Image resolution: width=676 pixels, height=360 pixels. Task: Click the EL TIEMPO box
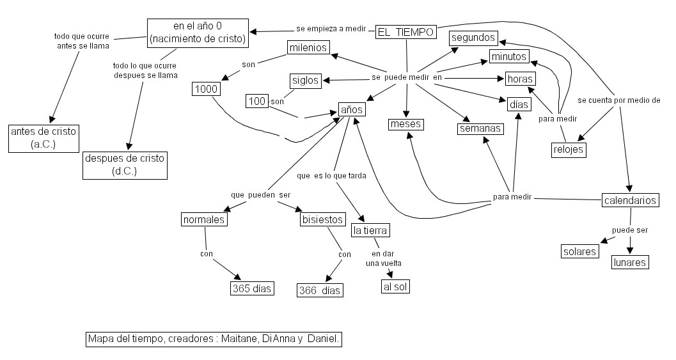[x=406, y=32]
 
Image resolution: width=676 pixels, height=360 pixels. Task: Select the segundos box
[x=473, y=38]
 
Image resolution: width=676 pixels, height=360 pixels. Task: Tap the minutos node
[x=509, y=57]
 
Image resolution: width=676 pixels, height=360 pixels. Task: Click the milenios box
[x=308, y=48]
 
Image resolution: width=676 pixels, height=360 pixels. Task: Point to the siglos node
[x=305, y=81]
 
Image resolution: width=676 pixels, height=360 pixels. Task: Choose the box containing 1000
[x=206, y=89]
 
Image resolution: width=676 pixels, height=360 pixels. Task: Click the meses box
[x=405, y=124]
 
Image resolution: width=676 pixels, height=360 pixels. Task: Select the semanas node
[x=480, y=129]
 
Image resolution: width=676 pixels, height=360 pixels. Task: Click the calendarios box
[x=631, y=200]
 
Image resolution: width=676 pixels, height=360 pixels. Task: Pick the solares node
[x=580, y=251]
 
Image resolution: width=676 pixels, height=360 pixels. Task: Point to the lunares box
[x=630, y=262]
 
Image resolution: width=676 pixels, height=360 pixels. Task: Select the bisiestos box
[x=322, y=220]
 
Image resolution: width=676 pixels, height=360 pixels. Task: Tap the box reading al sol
[x=395, y=286]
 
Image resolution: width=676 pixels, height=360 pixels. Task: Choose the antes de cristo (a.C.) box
[x=43, y=138]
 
